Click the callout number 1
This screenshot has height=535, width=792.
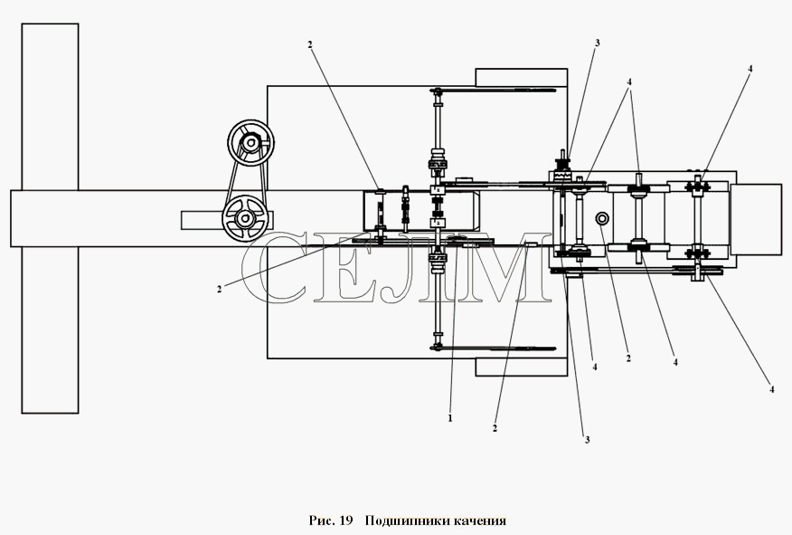pyautogui.click(x=450, y=419)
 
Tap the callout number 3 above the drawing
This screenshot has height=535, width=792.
pyautogui.click(x=597, y=43)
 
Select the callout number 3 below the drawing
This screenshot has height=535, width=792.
pyautogui.click(x=587, y=440)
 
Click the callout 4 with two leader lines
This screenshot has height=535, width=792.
pyautogui.click(x=629, y=81)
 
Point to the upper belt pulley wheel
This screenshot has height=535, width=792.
pyautogui.click(x=250, y=144)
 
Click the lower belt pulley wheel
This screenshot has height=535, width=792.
pyautogui.click(x=245, y=218)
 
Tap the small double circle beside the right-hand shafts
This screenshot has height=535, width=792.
pyautogui.click(x=601, y=219)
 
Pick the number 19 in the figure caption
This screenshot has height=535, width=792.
pyautogui.click(x=345, y=521)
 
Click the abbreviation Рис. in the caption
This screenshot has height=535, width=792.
pyautogui.click(x=322, y=521)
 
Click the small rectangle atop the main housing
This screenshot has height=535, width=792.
pyautogui.click(x=522, y=77)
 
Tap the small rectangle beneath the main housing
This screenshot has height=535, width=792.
pyautogui.click(x=522, y=368)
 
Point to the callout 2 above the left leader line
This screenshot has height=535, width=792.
pyautogui.click(x=309, y=44)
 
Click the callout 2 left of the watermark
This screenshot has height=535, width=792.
pyautogui.click(x=219, y=290)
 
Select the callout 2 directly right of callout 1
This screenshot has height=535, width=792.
pyautogui.click(x=495, y=428)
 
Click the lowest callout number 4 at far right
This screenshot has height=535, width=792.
pyautogui.click(x=771, y=389)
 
